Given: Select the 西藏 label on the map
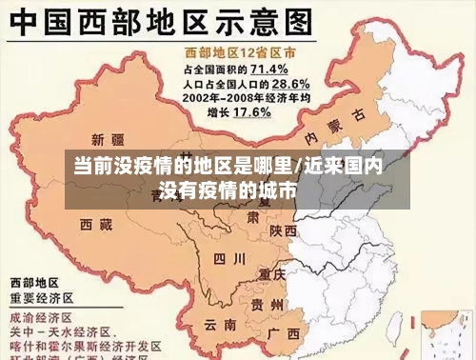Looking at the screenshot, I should click(x=97, y=225).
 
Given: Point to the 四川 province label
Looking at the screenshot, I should click(x=228, y=258).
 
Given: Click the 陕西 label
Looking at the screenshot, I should click(x=283, y=230).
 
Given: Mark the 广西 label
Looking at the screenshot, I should click(x=283, y=333).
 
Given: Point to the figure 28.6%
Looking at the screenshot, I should click(x=280, y=84).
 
